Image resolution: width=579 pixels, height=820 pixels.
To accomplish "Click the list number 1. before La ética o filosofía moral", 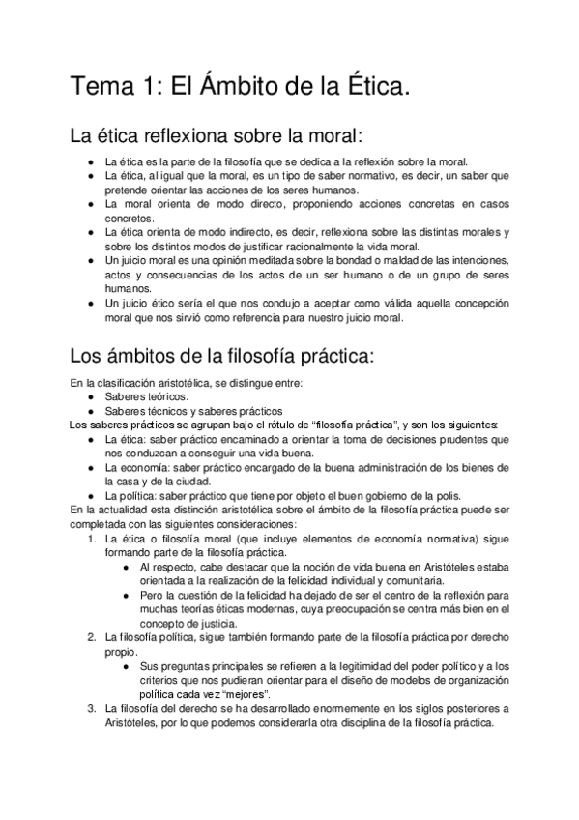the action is click(92, 536).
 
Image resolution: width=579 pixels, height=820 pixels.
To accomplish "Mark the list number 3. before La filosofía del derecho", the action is click(92, 708).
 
